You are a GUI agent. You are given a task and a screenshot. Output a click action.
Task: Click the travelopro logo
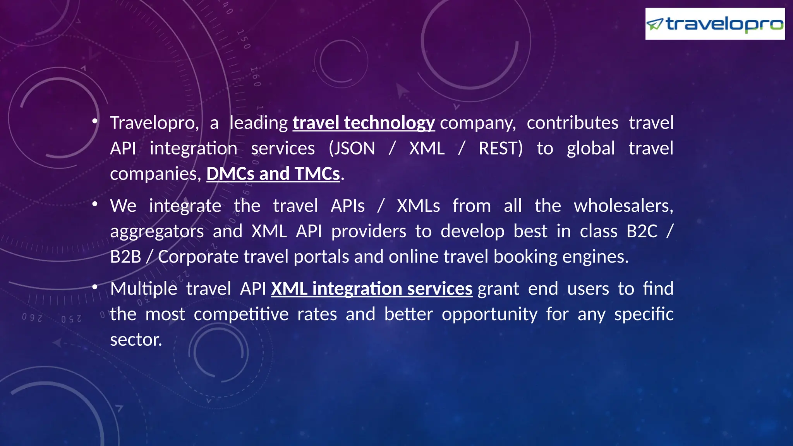coord(715,24)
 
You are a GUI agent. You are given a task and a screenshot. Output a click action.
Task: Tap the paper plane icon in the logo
coord(655,25)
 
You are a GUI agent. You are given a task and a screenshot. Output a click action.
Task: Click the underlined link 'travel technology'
coord(364,123)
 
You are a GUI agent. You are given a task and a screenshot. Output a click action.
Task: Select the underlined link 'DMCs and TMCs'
coord(273,174)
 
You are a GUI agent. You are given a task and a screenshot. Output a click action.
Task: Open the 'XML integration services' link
coord(372,289)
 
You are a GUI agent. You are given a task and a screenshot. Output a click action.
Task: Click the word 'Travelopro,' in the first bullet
coord(154,123)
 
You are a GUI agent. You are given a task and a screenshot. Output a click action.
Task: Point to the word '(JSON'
coord(352,149)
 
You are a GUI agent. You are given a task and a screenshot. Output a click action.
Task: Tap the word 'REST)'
coord(501,149)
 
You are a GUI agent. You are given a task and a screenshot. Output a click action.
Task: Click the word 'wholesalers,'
coord(623,206)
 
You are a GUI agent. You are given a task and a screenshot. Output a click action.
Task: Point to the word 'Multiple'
coord(144,289)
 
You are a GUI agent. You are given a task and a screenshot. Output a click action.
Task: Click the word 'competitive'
coord(241,314)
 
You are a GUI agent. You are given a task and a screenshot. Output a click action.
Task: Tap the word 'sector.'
coord(136,340)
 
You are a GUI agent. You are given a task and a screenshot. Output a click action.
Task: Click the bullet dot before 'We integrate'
coord(95,204)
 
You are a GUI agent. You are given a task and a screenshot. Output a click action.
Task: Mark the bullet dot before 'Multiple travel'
coord(95,287)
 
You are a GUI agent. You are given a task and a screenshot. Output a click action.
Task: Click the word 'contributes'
coord(572,123)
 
